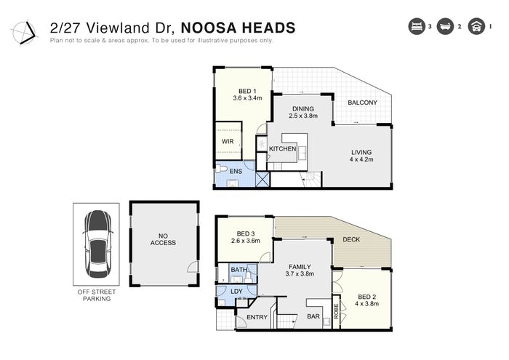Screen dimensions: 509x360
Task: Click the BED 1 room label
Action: (247, 91)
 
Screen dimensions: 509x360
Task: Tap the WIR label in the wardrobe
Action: (228, 142)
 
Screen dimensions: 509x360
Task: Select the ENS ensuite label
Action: (236, 171)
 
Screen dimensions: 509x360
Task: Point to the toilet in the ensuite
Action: (221, 169)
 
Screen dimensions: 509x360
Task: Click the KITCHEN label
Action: (282, 148)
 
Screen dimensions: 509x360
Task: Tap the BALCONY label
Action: (362, 103)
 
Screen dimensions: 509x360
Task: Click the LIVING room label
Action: (361, 152)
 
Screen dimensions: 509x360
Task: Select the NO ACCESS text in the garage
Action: (163, 239)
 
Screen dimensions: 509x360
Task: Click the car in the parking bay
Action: (97, 244)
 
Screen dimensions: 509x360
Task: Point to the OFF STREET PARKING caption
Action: (97, 295)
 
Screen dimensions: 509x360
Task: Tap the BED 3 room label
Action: (246, 233)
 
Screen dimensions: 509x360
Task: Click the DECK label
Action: (351, 239)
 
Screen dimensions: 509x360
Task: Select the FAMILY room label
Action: (300, 267)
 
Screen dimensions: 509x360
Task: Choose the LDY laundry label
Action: (236, 292)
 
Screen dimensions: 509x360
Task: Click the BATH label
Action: (239, 270)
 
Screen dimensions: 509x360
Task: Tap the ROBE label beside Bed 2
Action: (336, 311)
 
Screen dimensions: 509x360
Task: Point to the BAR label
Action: (313, 316)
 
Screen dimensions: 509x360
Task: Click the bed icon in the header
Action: (417, 26)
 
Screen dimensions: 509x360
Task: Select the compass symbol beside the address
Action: (24, 32)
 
